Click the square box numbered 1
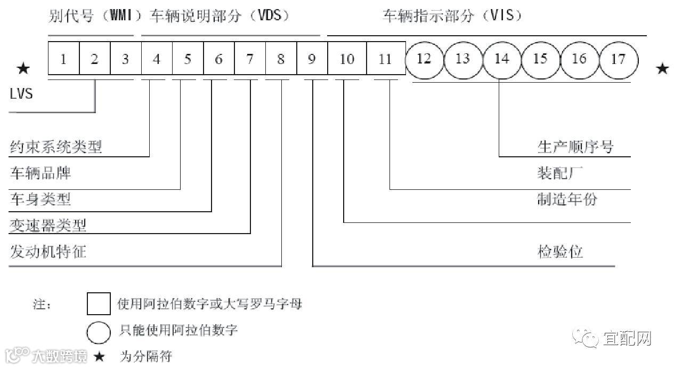tap(63, 58)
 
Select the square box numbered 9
tap(312, 58)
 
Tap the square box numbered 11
tap(385, 58)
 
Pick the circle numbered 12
tap(424, 58)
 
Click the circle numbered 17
tap(618, 58)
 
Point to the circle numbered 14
tap(502, 58)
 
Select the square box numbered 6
tap(219, 58)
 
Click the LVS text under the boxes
tap(21, 94)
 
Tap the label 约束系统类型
tap(56, 147)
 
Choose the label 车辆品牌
tap(40, 173)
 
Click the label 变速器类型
tap(48, 226)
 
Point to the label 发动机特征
tap(48, 252)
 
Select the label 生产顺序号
tap(575, 147)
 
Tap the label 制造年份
tap(567, 199)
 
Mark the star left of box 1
tap(23, 68)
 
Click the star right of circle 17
tap(662, 68)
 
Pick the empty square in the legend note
tap(99, 304)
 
